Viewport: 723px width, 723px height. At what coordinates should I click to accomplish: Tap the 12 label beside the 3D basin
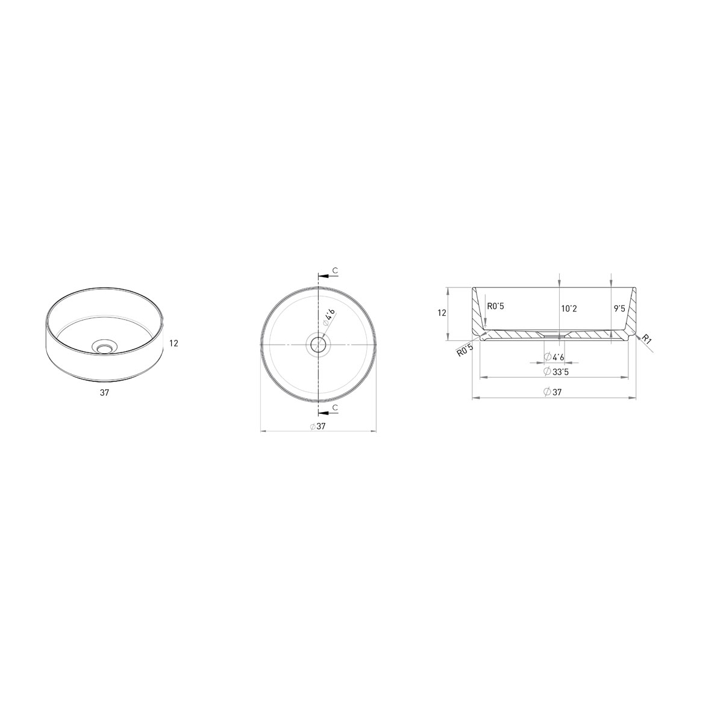[x=174, y=343]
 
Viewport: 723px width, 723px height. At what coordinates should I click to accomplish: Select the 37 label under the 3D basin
[x=105, y=392]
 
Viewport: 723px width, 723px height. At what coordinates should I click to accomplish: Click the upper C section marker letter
[x=335, y=272]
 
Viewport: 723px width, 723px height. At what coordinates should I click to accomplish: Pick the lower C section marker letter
[x=335, y=408]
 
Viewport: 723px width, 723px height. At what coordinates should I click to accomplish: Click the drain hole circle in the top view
[x=318, y=345]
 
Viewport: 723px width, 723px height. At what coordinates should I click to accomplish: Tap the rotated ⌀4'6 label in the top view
[x=328, y=317]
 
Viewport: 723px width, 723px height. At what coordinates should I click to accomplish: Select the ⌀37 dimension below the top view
[x=318, y=427]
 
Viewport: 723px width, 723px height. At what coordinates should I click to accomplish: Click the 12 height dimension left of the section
[x=442, y=313]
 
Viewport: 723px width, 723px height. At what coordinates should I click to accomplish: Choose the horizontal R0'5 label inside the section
[x=495, y=306]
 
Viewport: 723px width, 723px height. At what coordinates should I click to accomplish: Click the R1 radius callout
[x=647, y=340]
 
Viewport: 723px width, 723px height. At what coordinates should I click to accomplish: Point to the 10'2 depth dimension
[x=569, y=308]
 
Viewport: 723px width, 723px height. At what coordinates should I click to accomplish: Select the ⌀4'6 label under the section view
[x=554, y=357]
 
